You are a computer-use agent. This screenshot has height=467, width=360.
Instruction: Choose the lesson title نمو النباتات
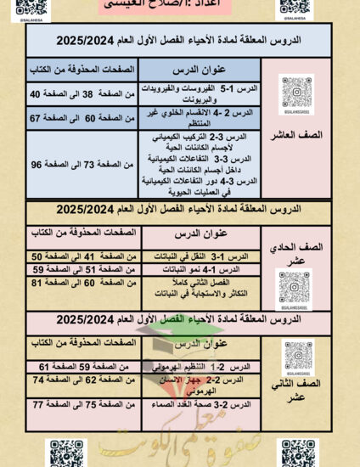click(209, 269)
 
